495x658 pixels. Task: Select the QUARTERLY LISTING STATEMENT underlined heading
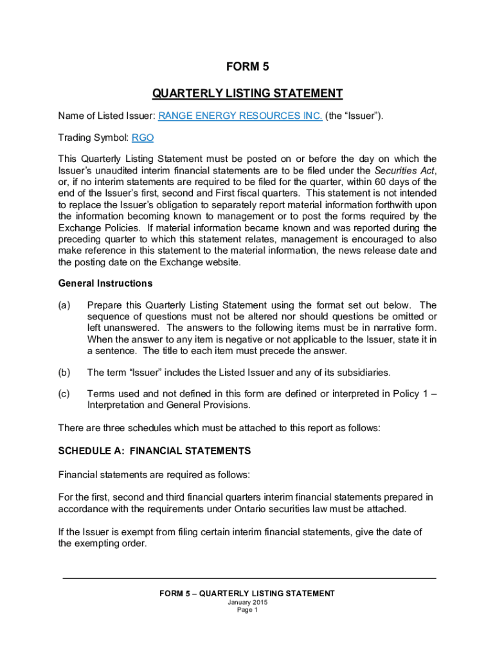247,94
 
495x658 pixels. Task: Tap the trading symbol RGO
143,138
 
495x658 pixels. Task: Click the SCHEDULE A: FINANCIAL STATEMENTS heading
154,451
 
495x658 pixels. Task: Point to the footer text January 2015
247,602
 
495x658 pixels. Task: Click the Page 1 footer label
247,610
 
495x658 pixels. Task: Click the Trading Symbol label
93,138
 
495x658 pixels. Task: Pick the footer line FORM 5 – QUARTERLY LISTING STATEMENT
247,594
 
